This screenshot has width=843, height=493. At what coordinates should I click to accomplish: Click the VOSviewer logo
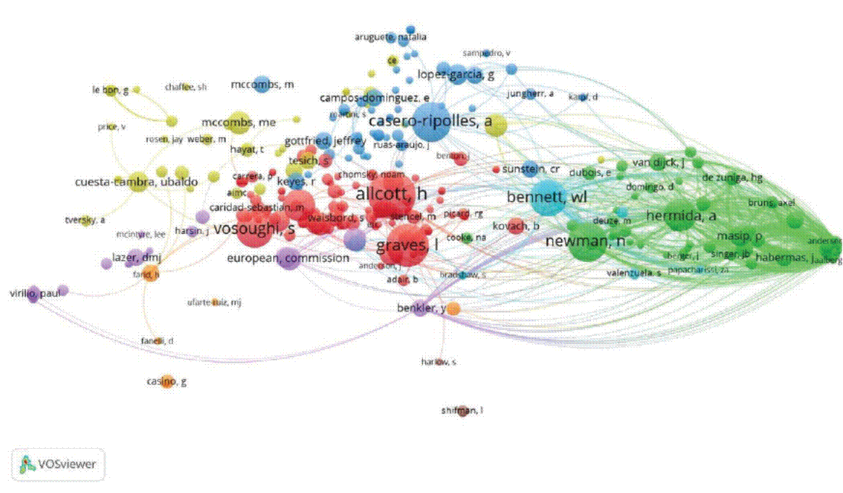(x=58, y=464)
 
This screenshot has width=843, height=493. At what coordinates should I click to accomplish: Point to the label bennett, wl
(x=547, y=197)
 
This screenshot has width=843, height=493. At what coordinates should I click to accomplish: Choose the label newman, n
(x=585, y=242)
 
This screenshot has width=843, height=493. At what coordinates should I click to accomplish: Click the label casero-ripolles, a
(x=430, y=122)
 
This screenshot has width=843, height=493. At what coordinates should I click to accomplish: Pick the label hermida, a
(x=681, y=216)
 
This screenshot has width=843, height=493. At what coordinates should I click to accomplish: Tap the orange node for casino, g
(x=167, y=382)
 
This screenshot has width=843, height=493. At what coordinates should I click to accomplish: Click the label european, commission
(x=288, y=258)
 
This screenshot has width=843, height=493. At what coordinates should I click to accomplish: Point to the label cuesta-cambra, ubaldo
(x=136, y=182)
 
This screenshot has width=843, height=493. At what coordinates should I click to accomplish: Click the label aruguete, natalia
(x=390, y=37)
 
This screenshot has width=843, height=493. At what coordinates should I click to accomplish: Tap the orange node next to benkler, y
(x=453, y=309)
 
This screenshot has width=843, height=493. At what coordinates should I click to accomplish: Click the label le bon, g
(x=110, y=90)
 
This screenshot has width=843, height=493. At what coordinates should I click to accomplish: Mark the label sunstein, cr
(x=532, y=169)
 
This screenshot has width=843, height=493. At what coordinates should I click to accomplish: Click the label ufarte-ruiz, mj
(x=214, y=302)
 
